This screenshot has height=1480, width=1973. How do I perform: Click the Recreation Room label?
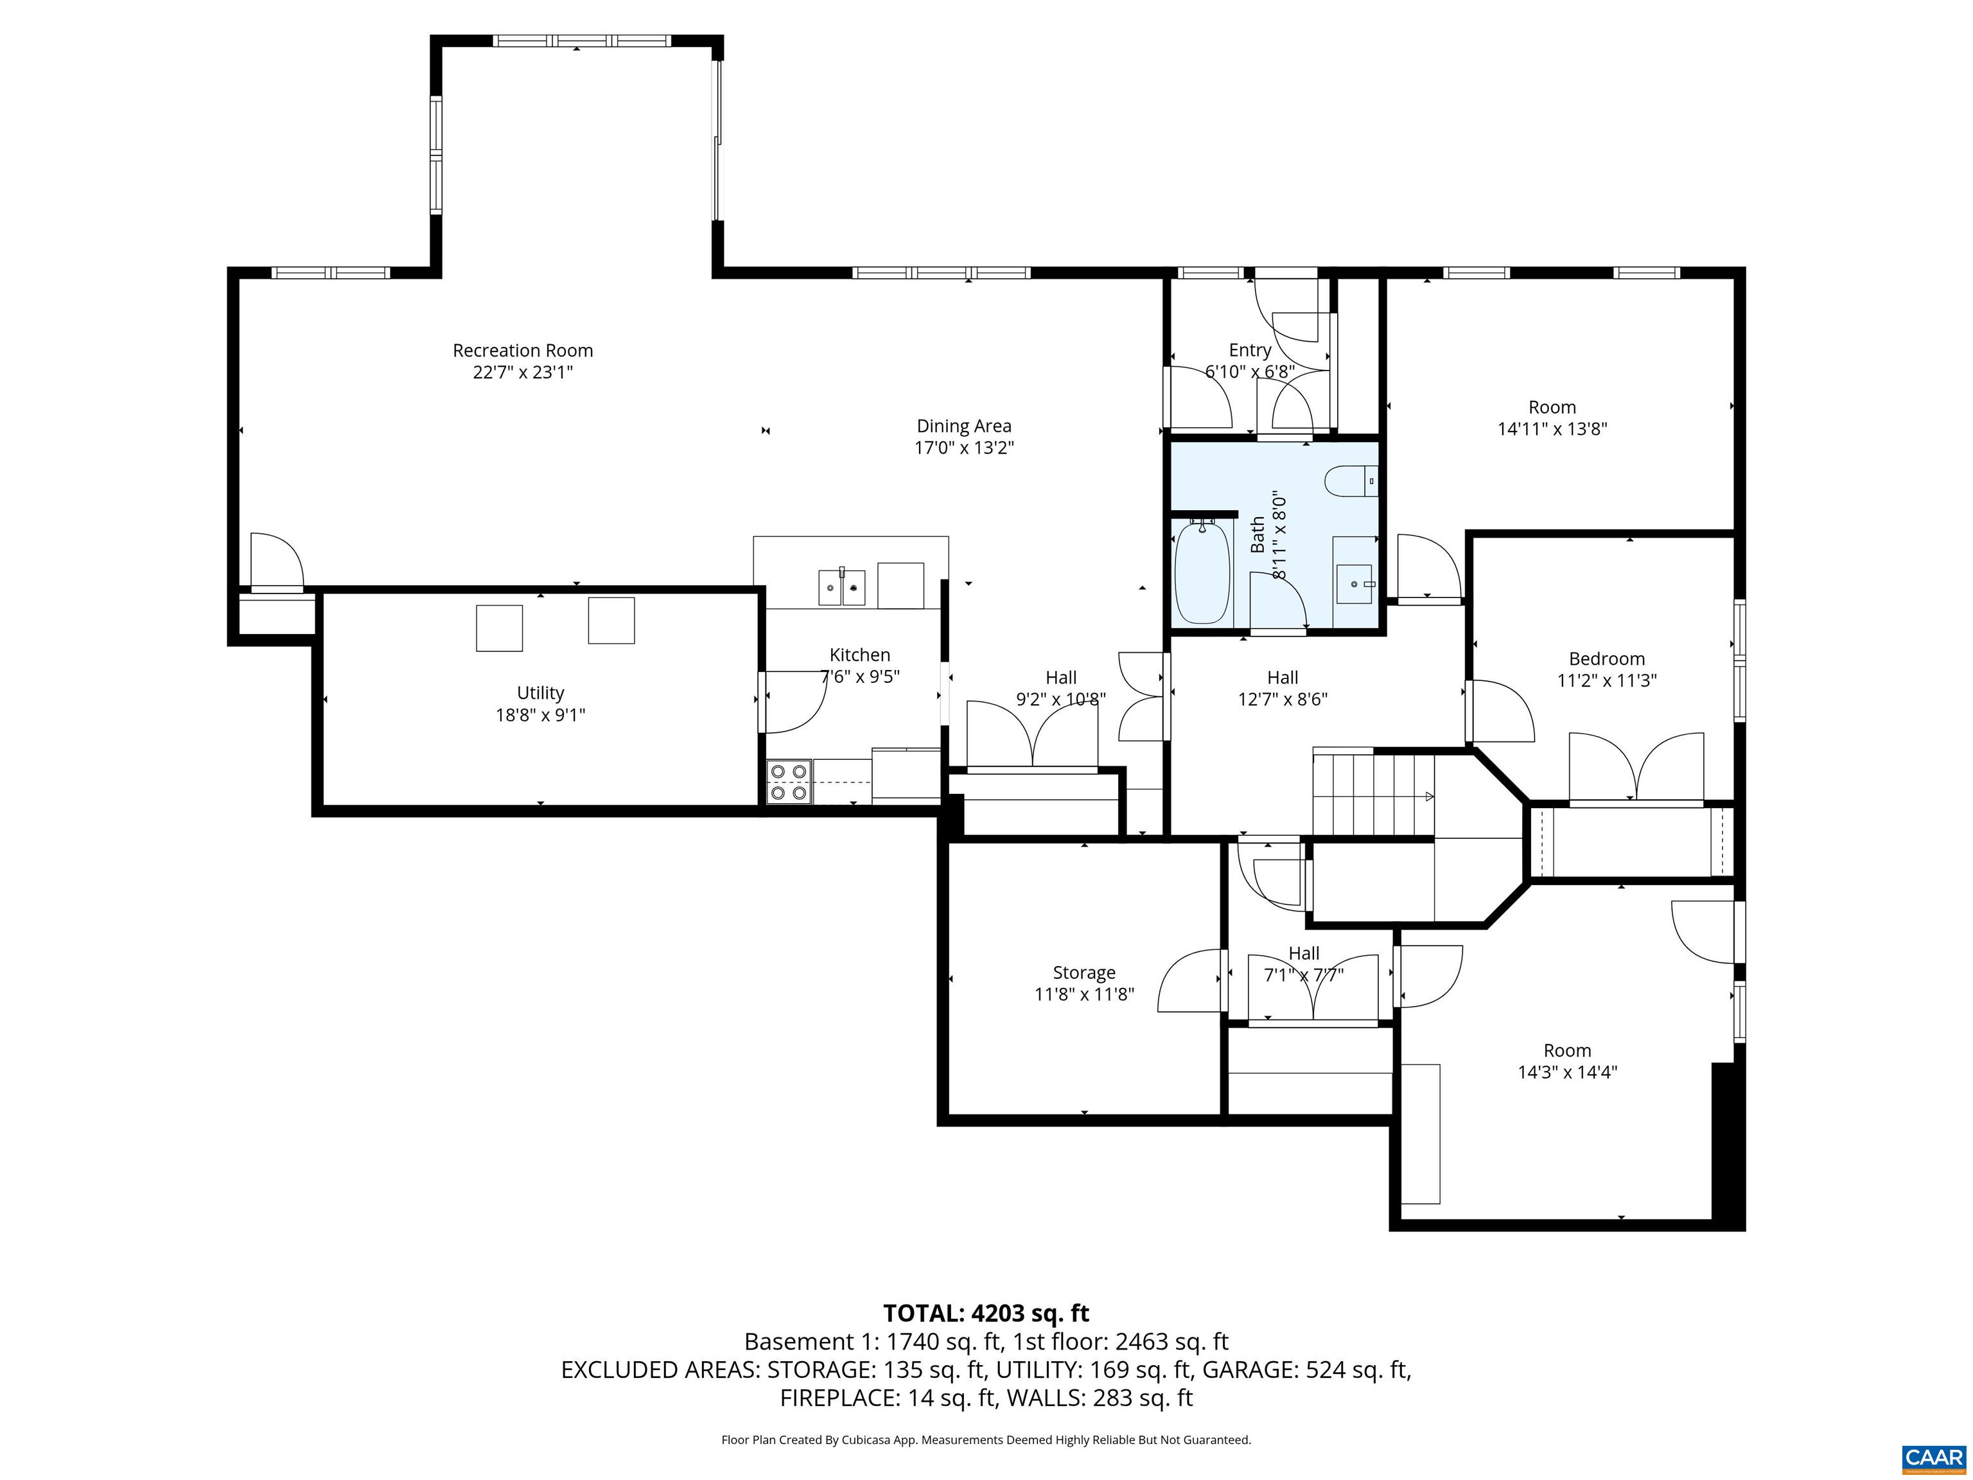(x=523, y=351)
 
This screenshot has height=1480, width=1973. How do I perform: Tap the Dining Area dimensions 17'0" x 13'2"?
(x=963, y=448)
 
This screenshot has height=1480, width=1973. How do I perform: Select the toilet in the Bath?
(x=1349, y=482)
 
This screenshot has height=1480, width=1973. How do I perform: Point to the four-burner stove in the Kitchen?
(x=789, y=782)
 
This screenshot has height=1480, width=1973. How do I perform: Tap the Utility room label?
(x=541, y=693)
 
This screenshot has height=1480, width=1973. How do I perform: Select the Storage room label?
(x=1083, y=973)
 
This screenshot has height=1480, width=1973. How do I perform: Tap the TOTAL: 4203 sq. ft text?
(x=986, y=1313)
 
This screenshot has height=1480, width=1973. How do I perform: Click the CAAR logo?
(x=1933, y=1458)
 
